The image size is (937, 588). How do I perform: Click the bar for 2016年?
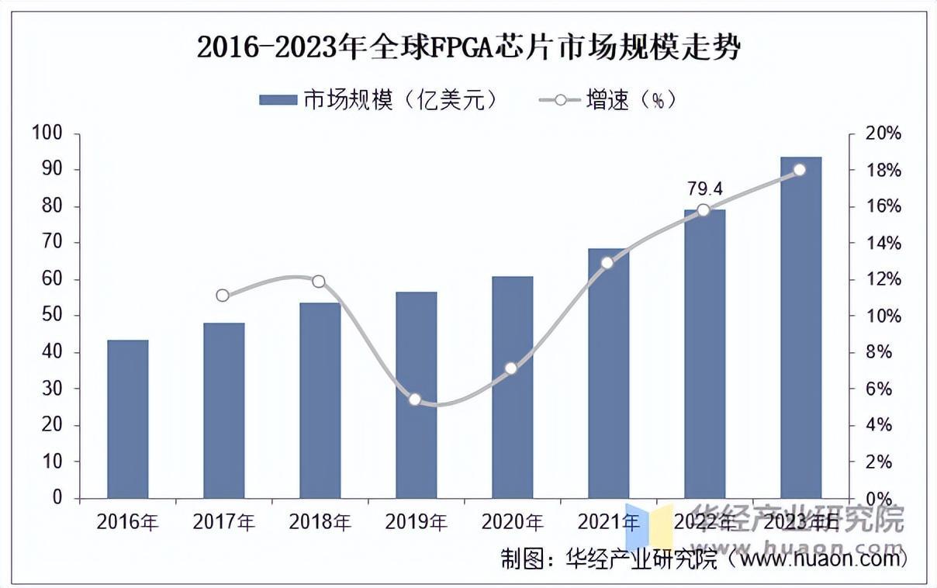(128, 419)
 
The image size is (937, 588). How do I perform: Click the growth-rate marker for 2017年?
(223, 295)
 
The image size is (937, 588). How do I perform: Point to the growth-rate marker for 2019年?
(415, 399)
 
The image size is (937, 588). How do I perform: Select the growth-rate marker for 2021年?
(607, 263)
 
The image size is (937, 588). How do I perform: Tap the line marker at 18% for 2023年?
(800, 170)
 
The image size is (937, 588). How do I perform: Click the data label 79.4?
(704, 189)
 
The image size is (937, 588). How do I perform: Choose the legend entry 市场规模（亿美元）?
(377, 100)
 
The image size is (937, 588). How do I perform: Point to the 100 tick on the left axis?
(46, 133)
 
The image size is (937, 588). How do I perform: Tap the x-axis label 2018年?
(320, 522)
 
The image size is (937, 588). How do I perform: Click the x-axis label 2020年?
(512, 522)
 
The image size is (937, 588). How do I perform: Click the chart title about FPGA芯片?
(469, 48)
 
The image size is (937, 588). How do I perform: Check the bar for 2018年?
(320, 400)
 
